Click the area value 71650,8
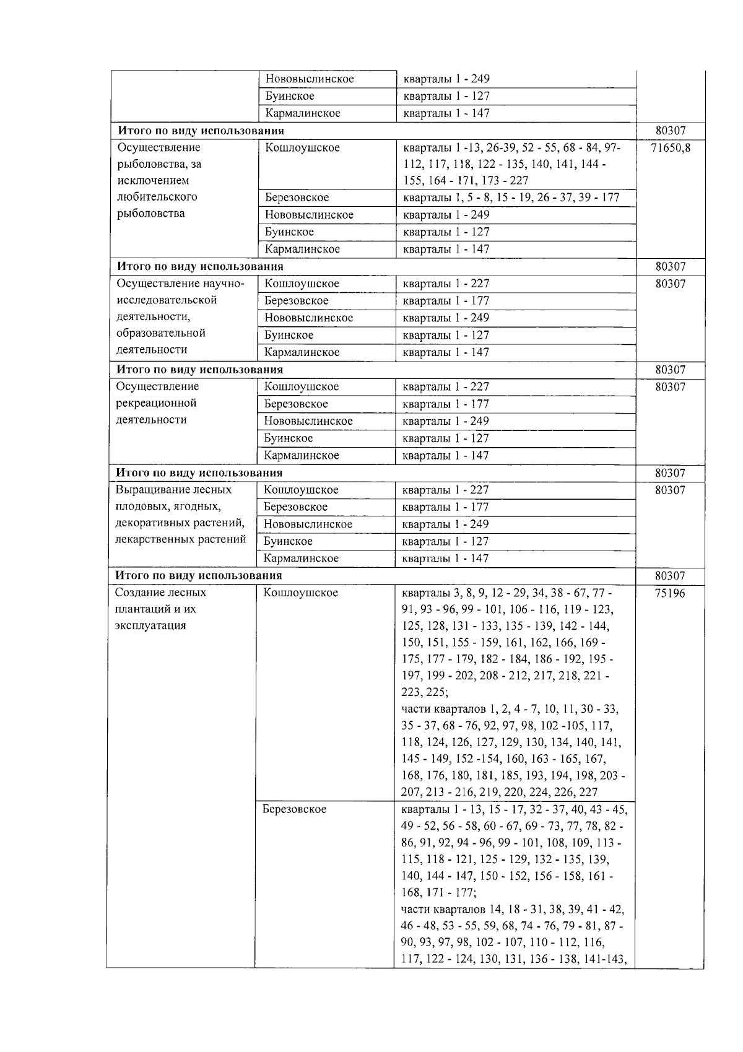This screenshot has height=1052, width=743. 670,147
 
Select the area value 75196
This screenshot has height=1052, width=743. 670,593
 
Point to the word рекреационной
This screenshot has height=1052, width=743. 156,403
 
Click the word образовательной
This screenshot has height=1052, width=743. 160,333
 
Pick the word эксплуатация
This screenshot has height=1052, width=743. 150,625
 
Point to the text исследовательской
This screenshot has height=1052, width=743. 167,300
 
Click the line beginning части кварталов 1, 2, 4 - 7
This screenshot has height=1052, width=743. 510,709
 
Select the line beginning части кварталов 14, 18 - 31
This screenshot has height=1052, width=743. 513,910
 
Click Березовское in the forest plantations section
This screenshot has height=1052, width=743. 294,810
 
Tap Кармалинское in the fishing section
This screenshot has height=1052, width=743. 303,249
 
